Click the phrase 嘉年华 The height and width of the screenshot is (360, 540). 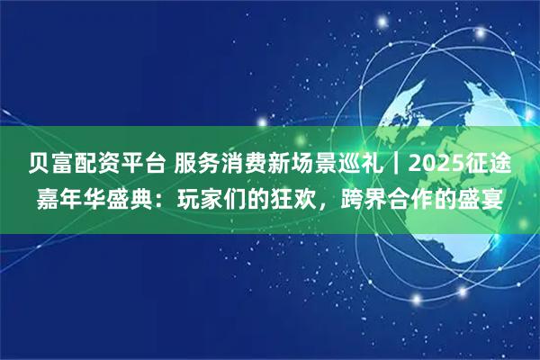[x=74, y=197]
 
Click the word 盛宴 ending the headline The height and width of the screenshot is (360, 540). [x=480, y=197]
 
